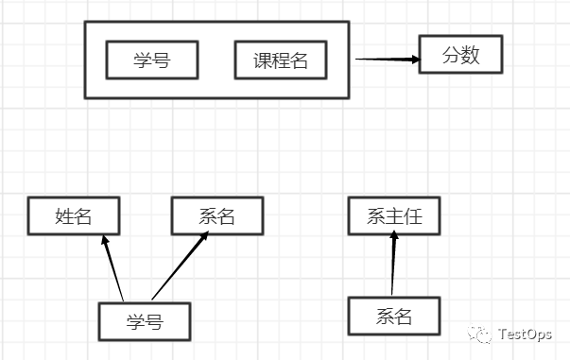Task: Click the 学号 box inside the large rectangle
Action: tap(151, 60)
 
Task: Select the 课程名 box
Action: tap(281, 60)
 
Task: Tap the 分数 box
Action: tap(461, 56)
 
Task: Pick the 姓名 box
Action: tap(74, 216)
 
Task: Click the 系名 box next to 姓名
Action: tap(216, 216)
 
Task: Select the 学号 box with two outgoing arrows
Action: tap(145, 321)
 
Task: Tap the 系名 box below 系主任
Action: tap(394, 316)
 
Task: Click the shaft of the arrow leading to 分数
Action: tap(383, 59)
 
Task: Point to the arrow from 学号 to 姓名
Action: tap(113, 268)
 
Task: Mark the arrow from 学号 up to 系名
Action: tap(180, 267)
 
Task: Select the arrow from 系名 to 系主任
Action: tap(393, 269)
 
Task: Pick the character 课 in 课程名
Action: tap(264, 60)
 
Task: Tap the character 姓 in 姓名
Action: tap(64, 216)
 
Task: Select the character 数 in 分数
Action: tap(471, 56)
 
